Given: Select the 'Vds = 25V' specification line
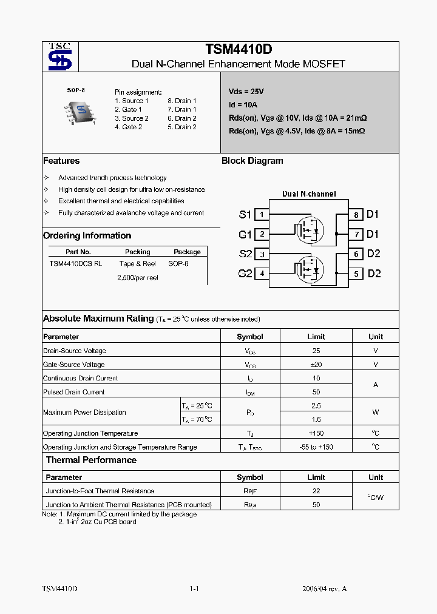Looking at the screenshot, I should coord(246,92).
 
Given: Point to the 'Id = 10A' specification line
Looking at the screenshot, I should coord(243,104).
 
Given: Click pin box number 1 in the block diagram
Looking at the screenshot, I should coord(262,214).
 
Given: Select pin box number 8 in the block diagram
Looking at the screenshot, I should coord(356,215).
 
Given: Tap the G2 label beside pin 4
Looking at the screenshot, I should coord(245,274).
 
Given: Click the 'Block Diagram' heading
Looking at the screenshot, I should coord(252,161).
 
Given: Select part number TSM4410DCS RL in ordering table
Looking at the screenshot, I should coord(76,264).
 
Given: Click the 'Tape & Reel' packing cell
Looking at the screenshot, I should coord(138,264).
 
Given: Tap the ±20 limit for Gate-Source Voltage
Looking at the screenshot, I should coord(316,365).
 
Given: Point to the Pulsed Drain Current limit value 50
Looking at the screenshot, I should coord(316,392).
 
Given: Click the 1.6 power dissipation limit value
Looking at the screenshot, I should coord(316,419).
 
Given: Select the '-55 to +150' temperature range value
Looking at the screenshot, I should coord(316,447).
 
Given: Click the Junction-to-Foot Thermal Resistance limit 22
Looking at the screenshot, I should coord(316,491).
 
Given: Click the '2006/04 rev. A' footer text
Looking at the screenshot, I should coord(325,589).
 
